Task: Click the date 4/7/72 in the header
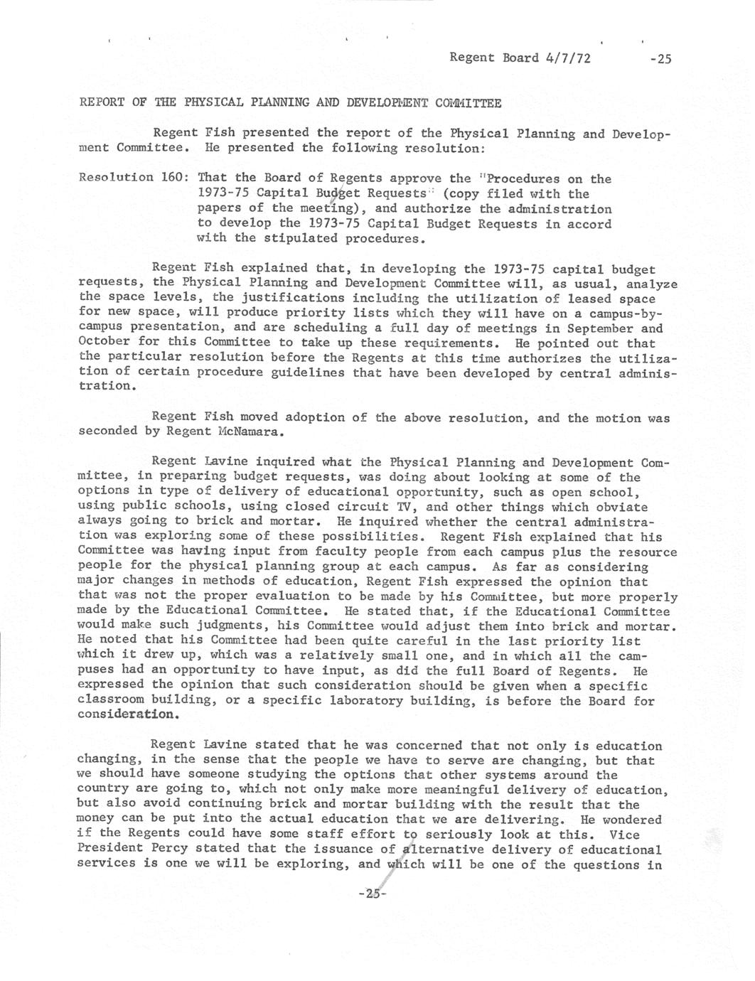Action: pos(567,58)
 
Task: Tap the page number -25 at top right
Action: pos(660,59)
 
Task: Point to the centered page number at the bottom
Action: pos(372,894)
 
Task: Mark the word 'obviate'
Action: pos(622,507)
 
